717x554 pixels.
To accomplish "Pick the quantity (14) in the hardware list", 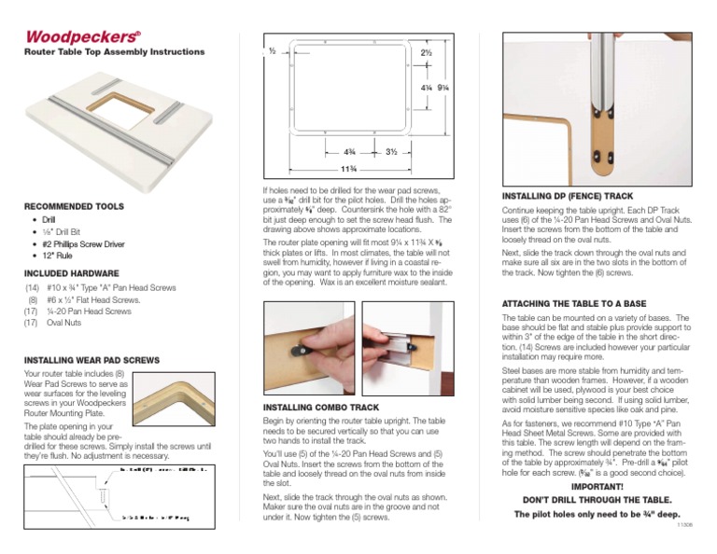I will coord(33,289).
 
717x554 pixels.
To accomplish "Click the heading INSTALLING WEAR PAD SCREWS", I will coord(91,359).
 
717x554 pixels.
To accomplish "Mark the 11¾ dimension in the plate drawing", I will coord(347,168).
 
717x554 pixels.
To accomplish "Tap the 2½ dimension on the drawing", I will coord(426,54).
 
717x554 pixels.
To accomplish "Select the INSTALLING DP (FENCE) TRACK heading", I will coord(568,197).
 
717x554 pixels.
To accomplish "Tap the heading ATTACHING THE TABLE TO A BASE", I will coord(574,304).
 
